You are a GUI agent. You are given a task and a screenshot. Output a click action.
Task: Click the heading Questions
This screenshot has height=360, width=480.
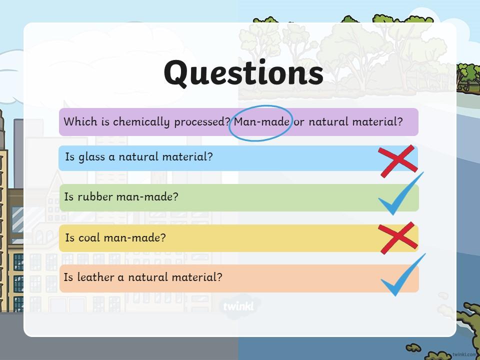pos(243,73)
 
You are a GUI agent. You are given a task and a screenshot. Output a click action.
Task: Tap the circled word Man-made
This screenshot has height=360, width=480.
pos(261,122)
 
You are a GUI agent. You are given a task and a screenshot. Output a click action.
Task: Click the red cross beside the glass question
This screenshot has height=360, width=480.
pos(397,161)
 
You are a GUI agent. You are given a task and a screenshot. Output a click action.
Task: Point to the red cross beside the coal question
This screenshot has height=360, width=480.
pos(397,238)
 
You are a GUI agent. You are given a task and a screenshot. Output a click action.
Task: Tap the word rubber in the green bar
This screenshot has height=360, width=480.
pos(95,196)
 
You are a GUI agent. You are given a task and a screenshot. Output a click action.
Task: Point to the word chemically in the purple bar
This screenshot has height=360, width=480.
pos(141,122)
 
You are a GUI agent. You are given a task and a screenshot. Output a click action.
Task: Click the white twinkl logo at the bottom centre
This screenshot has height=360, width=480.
pos(238,306)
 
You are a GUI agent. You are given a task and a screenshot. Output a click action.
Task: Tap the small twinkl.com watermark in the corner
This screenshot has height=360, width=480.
pos(466,354)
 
